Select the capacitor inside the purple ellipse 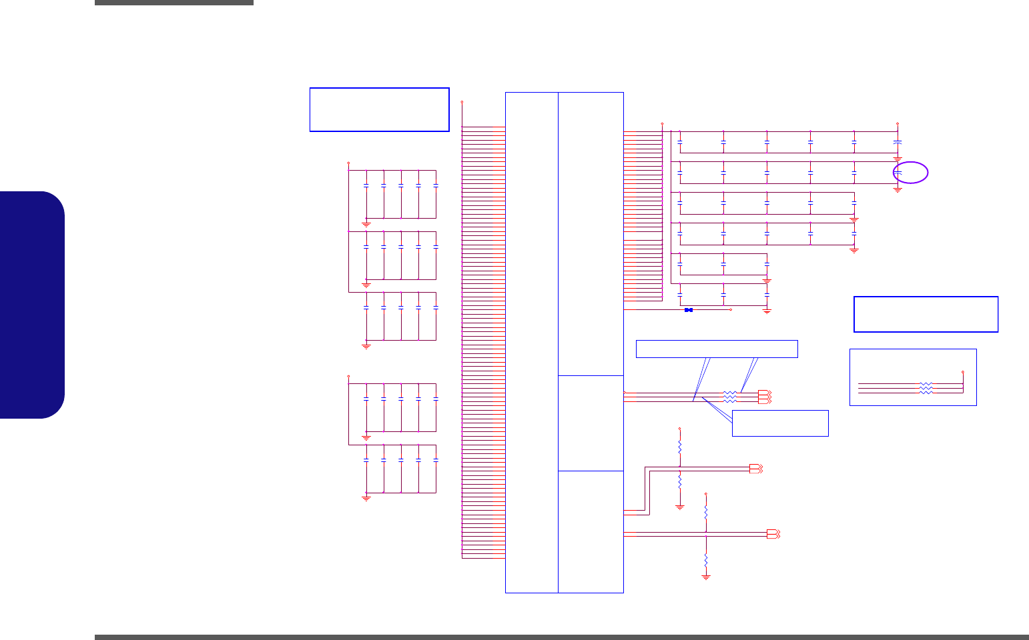click(x=898, y=173)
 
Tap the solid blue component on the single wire click(x=689, y=310)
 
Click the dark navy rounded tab click(x=33, y=305)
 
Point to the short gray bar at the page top click(x=174, y=3)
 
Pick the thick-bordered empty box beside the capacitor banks click(x=379, y=109)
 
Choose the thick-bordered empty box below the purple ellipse click(x=926, y=314)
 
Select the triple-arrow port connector click(x=765, y=397)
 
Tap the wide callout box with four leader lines click(x=717, y=349)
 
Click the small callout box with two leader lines click(x=780, y=423)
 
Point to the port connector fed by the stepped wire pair click(x=755, y=468)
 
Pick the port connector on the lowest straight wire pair click(x=773, y=534)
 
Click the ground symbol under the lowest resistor click(x=706, y=577)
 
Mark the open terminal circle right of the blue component click(x=731, y=310)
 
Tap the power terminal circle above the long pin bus click(x=462, y=102)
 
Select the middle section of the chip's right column click(x=591, y=423)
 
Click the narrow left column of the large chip click(x=532, y=342)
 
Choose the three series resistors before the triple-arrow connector click(x=730, y=397)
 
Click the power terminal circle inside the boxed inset click(x=962, y=372)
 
